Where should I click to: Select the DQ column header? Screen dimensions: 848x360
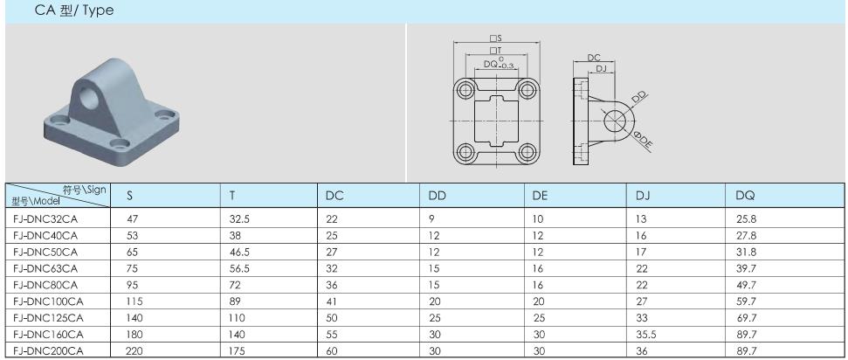[745, 196]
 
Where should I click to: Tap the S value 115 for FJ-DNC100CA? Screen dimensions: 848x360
[134, 301]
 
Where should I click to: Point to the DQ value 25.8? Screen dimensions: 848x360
[746, 219]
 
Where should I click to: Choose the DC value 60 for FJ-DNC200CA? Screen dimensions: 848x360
[332, 351]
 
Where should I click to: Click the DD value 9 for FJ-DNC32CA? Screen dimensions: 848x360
[432, 219]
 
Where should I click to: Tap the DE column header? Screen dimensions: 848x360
[541, 196]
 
